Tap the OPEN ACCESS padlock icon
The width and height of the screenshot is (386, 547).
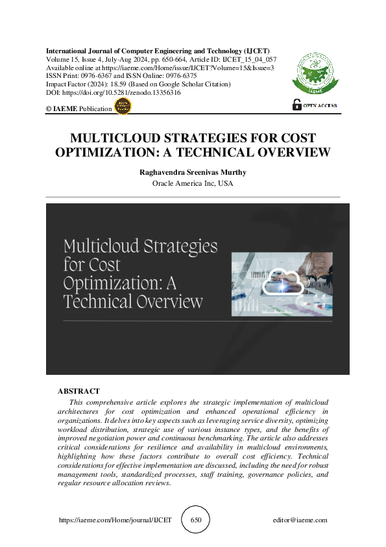coord(297,104)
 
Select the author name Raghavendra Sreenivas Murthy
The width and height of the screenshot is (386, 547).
coord(193,172)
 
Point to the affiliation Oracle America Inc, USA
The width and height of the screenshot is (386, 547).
coord(193,184)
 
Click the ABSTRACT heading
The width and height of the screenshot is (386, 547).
coord(78,391)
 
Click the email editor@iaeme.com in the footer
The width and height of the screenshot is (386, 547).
coord(301,520)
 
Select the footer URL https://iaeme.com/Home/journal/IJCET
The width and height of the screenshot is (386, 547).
coord(115,520)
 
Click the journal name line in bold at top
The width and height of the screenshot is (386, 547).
coord(158,51)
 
